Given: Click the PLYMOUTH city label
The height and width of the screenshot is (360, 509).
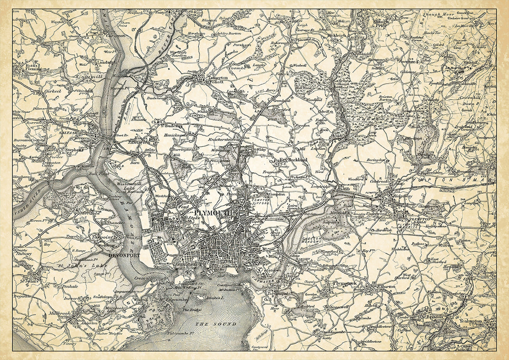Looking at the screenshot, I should pos(212,212).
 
